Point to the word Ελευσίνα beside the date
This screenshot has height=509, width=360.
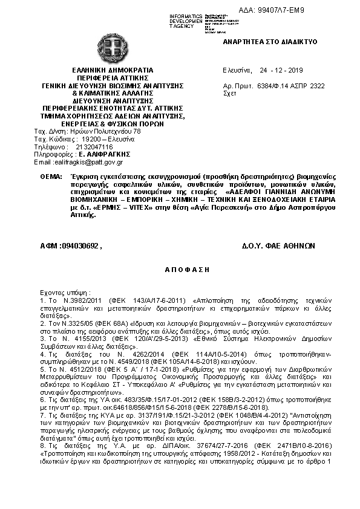(237, 70)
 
